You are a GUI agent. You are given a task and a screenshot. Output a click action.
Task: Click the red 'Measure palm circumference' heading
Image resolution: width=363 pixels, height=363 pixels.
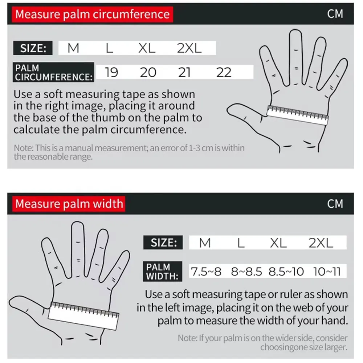(92, 14)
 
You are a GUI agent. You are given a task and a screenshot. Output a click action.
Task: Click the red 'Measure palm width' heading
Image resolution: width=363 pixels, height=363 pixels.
(69, 204)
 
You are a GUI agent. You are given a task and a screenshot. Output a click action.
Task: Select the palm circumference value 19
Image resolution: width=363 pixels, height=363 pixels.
(111, 72)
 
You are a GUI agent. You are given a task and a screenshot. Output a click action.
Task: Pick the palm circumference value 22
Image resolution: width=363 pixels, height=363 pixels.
(224, 72)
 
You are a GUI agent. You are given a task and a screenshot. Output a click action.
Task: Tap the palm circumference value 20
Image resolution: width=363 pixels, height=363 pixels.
(148, 72)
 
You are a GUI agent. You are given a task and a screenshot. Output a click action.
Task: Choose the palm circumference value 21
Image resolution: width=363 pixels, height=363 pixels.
(184, 72)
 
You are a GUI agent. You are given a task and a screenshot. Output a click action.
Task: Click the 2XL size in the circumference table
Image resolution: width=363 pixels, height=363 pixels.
(189, 48)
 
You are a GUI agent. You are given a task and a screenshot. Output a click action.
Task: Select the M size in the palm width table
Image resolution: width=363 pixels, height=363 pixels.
(205, 242)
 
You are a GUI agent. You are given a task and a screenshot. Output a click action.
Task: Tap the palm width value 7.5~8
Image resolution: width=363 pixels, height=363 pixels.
(206, 271)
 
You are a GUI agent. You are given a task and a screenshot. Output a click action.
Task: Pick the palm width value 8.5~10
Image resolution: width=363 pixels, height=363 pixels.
(286, 271)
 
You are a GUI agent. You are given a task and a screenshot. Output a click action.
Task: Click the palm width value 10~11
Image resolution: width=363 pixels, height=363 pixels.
(327, 271)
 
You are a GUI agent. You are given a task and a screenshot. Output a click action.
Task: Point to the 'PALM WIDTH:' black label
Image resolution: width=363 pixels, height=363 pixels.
(163, 271)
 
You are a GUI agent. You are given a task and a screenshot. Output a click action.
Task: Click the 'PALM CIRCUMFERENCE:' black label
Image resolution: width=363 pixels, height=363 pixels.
(53, 72)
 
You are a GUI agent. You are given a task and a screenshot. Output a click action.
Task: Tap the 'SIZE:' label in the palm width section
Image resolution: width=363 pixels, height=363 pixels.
(163, 242)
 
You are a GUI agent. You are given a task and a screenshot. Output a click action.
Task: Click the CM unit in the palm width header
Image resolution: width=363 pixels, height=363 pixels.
(335, 204)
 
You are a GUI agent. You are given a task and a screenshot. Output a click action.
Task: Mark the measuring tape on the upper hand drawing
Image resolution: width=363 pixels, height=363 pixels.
(298, 115)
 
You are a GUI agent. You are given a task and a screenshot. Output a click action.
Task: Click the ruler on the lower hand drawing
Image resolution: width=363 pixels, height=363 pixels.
(83, 316)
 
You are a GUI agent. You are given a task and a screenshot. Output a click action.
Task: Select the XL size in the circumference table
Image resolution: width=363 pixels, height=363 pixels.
(147, 48)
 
